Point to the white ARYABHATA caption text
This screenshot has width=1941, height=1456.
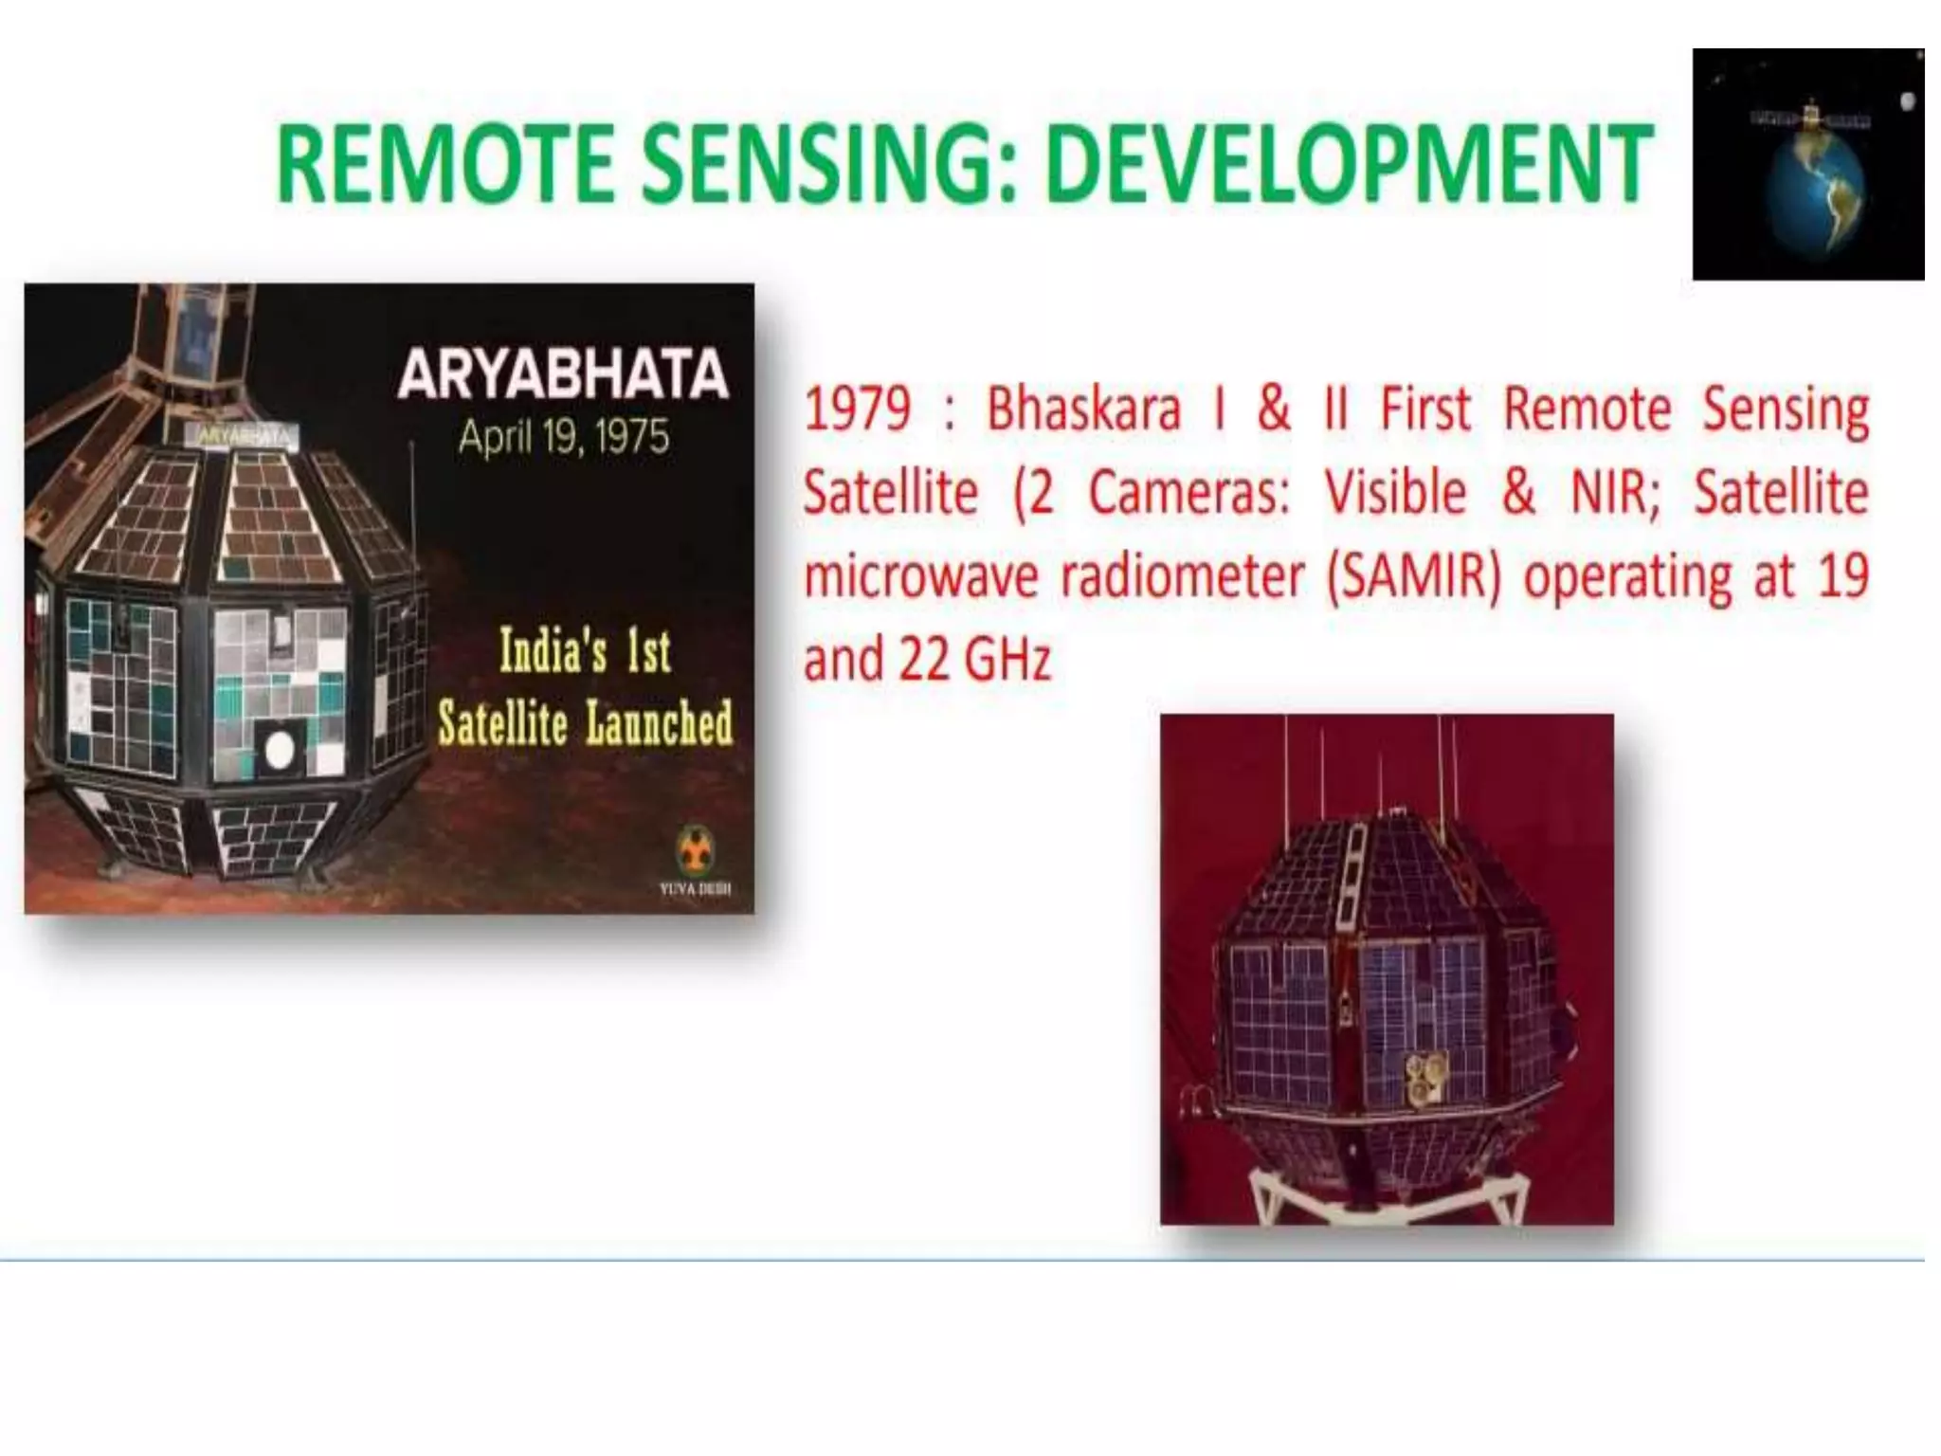click(563, 374)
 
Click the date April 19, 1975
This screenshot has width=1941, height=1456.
click(564, 437)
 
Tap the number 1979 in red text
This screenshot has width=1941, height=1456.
click(857, 409)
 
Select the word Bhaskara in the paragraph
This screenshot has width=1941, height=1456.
click(1083, 409)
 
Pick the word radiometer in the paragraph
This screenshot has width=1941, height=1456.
click(1181, 576)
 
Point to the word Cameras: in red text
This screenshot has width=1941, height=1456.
click(1188, 493)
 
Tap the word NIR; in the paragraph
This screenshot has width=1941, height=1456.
click(1615, 493)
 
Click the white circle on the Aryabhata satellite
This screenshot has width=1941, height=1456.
click(279, 750)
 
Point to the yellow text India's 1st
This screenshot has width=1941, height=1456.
click(585, 652)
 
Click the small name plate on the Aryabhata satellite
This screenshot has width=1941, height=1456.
click(245, 435)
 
